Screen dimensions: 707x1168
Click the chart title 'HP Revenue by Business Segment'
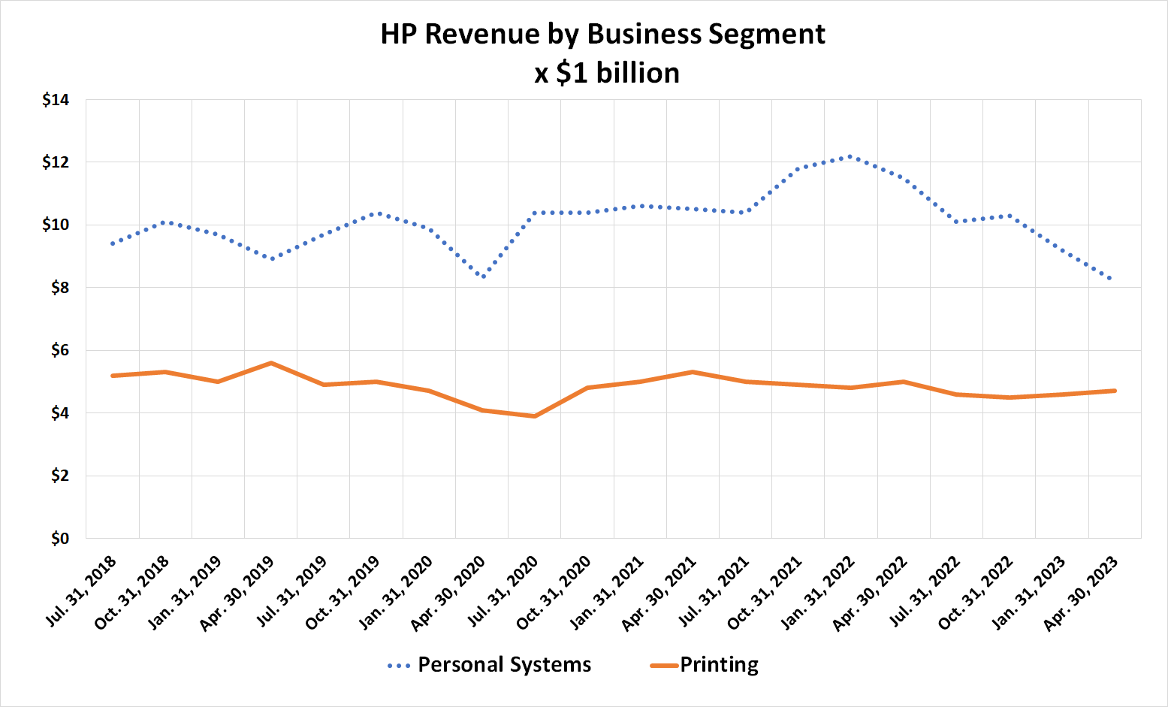click(602, 35)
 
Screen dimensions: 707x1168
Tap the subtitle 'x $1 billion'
click(607, 74)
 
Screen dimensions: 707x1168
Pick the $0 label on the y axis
click(59, 539)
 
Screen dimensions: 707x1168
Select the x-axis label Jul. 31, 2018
click(82, 591)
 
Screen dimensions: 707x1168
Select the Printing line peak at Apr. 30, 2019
click(270, 363)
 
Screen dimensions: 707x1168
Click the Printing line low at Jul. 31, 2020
click(534, 416)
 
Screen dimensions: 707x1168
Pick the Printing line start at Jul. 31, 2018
click(113, 376)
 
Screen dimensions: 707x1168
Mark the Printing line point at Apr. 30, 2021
click(692, 372)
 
